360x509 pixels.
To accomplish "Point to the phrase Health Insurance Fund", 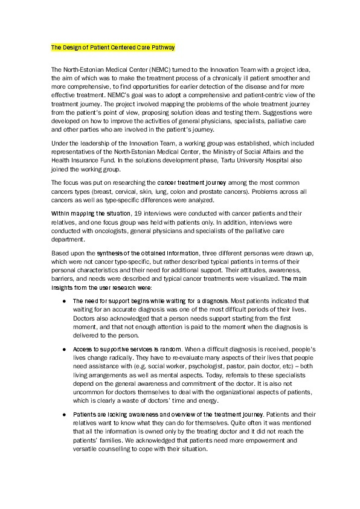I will (x=79, y=152).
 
